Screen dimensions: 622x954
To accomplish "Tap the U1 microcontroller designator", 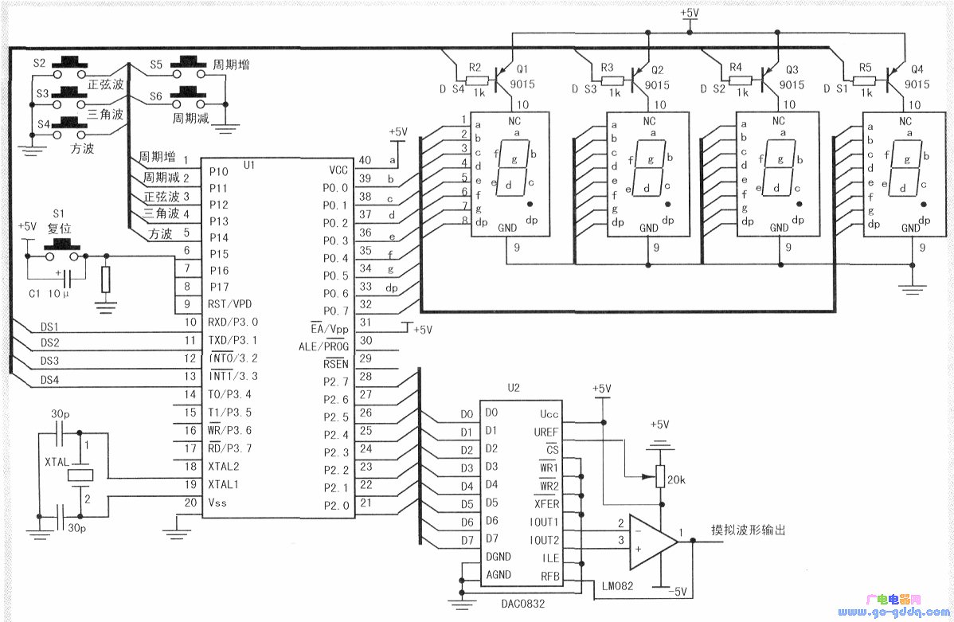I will [x=249, y=164].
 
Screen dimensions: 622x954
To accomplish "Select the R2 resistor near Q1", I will [x=476, y=80].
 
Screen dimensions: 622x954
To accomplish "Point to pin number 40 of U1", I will [x=365, y=160].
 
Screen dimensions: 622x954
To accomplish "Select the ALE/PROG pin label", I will [x=324, y=346].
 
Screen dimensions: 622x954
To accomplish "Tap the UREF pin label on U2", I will [x=546, y=432].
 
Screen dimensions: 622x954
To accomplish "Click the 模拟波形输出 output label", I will [x=753, y=530].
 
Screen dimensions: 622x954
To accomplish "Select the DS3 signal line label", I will [x=50, y=362].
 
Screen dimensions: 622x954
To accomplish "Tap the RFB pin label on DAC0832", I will [x=549, y=576].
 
